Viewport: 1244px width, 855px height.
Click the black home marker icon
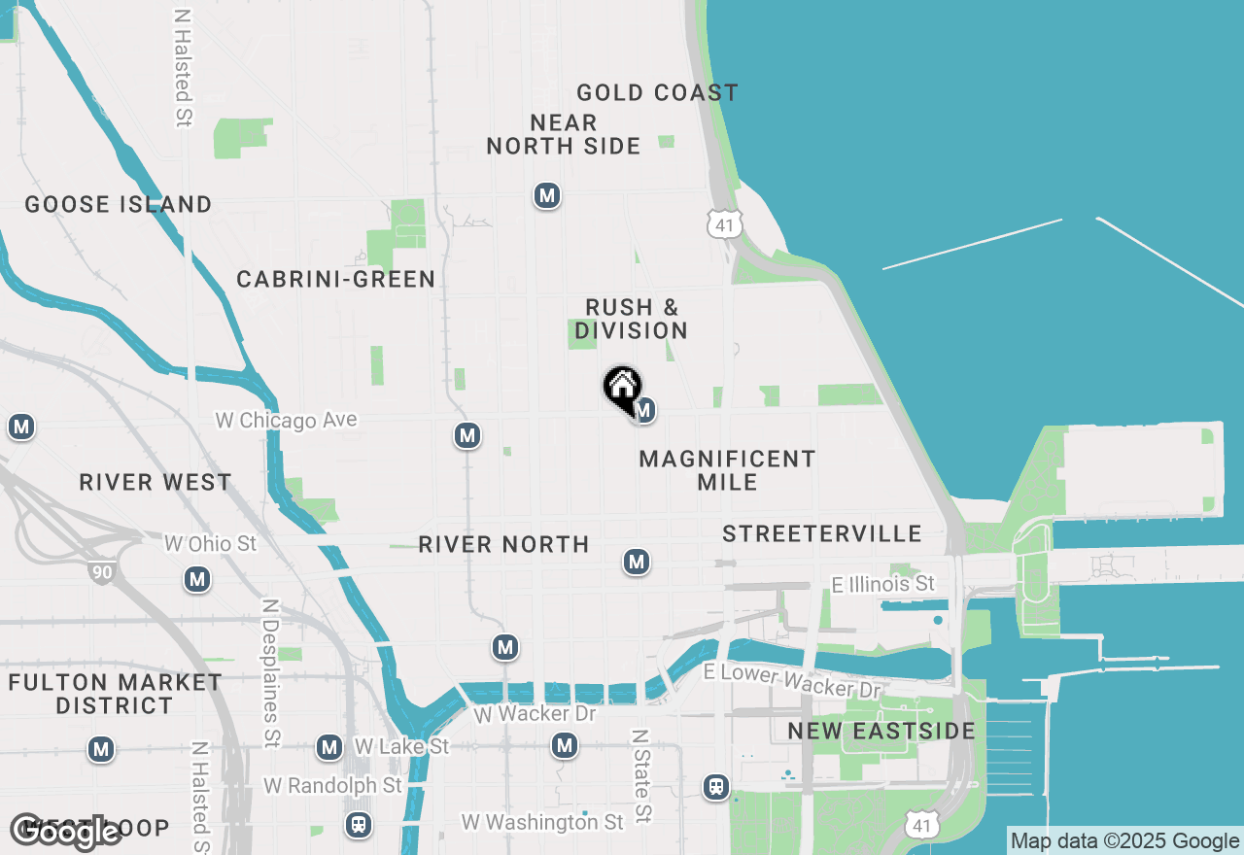click(x=622, y=388)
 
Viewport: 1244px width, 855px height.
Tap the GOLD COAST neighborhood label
click(x=657, y=93)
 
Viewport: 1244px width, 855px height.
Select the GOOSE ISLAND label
click(x=119, y=205)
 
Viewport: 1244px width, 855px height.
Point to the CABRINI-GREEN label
click(x=336, y=280)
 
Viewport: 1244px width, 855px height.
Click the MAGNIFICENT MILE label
click(x=727, y=470)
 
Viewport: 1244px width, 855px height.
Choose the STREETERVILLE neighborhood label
click(x=822, y=533)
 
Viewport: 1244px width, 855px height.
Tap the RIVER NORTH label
click(x=503, y=545)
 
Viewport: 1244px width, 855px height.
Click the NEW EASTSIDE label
click(x=881, y=732)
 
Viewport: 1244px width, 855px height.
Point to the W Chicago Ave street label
click(x=286, y=421)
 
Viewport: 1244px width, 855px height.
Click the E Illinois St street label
click(x=883, y=584)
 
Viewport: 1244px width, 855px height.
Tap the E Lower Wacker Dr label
click(x=792, y=680)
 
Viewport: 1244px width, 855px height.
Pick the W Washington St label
click(x=542, y=822)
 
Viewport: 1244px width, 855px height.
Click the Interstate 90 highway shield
click(x=102, y=572)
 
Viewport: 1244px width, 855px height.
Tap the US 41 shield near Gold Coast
click(x=723, y=224)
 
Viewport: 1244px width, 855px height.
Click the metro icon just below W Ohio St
click(x=197, y=580)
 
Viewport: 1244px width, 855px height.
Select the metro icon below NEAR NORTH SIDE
click(x=547, y=196)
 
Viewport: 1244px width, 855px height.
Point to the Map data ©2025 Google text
click(x=1124, y=841)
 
